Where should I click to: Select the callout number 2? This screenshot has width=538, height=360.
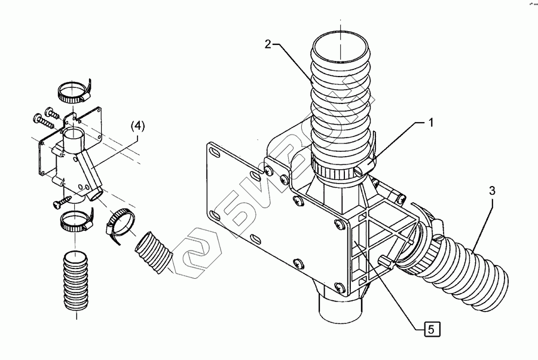coord(269,44)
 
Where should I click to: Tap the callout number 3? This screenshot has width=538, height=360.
coord(491,191)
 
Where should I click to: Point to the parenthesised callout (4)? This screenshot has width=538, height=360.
coord(137,126)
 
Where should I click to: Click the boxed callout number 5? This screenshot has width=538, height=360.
coord(433,328)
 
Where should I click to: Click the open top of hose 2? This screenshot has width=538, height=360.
coord(339,47)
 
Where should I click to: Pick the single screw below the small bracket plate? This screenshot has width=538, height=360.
coord(60,203)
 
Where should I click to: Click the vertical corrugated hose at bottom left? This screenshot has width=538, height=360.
coord(74,281)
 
